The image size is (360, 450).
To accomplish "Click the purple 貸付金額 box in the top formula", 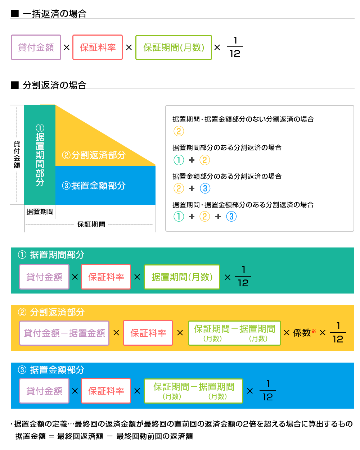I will point(36,47).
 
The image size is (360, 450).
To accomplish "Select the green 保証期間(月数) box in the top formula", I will point(174,47).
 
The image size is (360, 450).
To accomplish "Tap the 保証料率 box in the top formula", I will point(98,47).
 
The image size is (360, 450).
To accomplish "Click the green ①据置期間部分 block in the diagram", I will point(40,155).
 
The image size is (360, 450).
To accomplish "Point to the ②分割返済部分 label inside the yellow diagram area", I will point(94,155).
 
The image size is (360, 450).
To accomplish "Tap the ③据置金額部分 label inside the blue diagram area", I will point(94,186).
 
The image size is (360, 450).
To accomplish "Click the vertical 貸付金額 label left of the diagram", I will point(17,154).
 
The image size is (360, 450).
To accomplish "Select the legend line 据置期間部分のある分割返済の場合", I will point(227,147).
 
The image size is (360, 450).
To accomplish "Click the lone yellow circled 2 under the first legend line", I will point(179,131).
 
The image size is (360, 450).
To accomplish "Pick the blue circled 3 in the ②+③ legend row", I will point(205,188).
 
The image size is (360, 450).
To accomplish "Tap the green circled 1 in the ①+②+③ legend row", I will point(179,217).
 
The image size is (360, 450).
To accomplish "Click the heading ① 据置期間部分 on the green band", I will point(51,255).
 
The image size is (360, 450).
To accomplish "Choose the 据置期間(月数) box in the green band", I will point(182,277).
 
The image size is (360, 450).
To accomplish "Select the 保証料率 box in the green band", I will point(106,277).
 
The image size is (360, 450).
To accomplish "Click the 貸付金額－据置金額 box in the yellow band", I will point(64,333).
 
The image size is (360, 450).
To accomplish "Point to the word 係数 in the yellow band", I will point(302,333).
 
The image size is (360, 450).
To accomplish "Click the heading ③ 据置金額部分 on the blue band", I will point(51,370).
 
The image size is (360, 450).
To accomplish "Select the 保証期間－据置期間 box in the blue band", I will point(194,391).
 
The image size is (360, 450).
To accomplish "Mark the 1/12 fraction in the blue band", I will point(267,391).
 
